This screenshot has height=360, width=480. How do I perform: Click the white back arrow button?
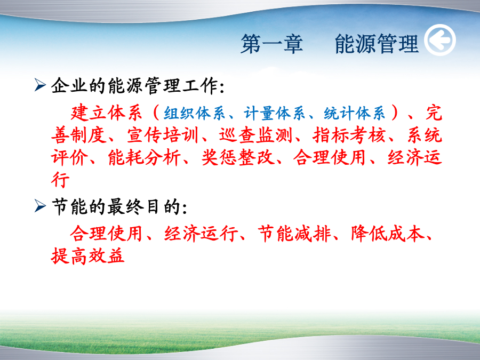pyautogui.click(x=440, y=40)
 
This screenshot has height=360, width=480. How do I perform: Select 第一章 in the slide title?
pyautogui.click(x=272, y=44)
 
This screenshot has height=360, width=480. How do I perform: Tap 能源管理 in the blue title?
pyautogui.click(x=377, y=44)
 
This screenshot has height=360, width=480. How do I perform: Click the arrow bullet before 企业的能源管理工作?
pyautogui.click(x=40, y=85)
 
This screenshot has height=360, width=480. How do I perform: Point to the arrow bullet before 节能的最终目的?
pyautogui.click(x=40, y=206)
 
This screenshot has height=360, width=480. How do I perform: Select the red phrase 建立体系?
pyautogui.click(x=106, y=113)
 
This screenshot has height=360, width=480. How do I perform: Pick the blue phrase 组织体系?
pyautogui.click(x=194, y=113)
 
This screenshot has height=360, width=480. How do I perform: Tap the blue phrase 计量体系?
pyautogui.click(x=275, y=113)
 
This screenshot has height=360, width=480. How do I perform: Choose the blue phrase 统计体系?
pyautogui.click(x=355, y=113)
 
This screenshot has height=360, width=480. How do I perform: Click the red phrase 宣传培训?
pyautogui.click(x=163, y=135)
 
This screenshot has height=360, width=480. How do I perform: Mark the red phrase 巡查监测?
pyautogui.click(x=255, y=135)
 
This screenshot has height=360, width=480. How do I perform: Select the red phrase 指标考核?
pyautogui.click(x=349, y=135)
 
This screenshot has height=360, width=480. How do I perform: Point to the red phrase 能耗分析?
pyautogui.click(x=144, y=157)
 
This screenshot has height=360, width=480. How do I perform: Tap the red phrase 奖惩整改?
pyautogui.click(x=237, y=157)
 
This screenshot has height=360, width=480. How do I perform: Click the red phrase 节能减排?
pyautogui.click(x=294, y=234)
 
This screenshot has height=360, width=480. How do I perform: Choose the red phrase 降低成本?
pyautogui.click(x=388, y=234)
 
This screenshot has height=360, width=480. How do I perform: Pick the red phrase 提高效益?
pyautogui.click(x=87, y=256)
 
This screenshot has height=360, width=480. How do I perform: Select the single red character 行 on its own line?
pyautogui.click(x=60, y=179)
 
